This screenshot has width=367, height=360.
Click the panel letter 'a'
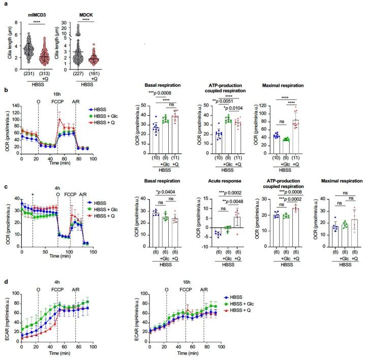pyautogui.click(x=4, y=4)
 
